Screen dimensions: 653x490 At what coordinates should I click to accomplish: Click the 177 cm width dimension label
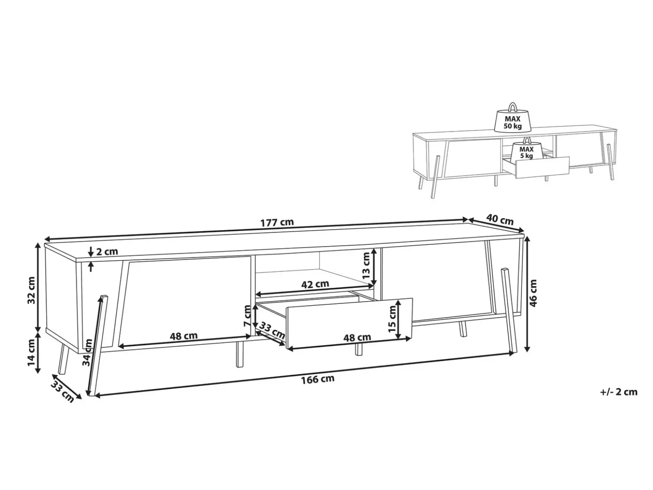(277, 222)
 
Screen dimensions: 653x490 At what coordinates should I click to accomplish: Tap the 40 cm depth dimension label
(500, 220)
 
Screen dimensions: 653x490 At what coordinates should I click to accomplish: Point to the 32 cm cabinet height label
(32, 290)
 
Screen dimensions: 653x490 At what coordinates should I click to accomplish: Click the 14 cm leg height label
(32, 353)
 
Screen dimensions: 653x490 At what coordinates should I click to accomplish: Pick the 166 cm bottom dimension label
(318, 379)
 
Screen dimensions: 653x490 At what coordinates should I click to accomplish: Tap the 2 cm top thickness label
(107, 252)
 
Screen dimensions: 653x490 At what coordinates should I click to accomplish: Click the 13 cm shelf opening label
(366, 265)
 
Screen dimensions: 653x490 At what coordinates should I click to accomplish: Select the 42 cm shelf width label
(315, 284)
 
